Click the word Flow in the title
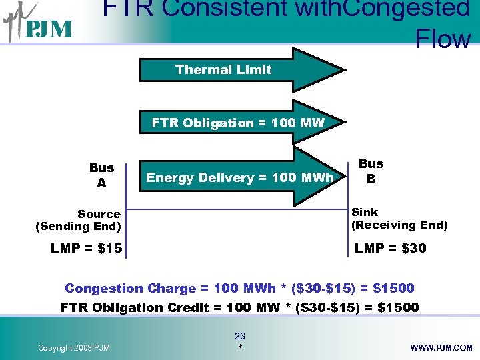point(443,39)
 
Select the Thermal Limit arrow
point(240,69)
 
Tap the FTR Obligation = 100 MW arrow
point(240,123)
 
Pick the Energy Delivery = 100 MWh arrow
point(240,177)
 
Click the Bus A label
point(102,175)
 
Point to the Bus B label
point(371,171)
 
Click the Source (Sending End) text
point(78,220)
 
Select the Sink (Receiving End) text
point(399,219)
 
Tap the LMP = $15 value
point(86,249)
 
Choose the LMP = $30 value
point(391,249)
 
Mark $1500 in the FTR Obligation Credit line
point(397,307)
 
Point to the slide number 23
point(240,337)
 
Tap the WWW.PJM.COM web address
point(441,348)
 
